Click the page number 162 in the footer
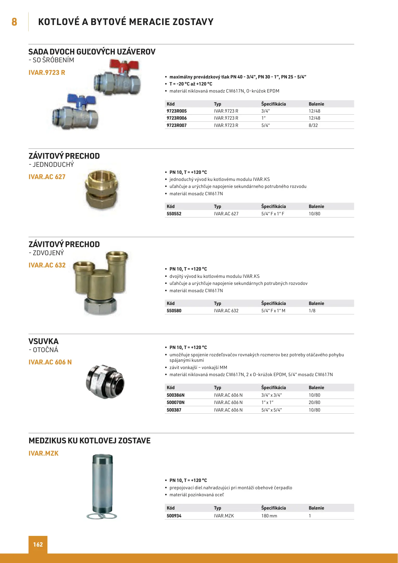click(38, 544)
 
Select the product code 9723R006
click(176, 118)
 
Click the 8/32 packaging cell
click(313, 125)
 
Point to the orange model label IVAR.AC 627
click(47, 177)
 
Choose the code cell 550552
click(174, 214)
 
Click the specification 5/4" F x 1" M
click(273, 311)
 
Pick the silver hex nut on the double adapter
click(100, 307)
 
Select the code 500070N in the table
click(175, 402)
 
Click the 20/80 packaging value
click(314, 402)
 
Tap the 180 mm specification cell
click(269, 516)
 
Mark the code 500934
click(174, 516)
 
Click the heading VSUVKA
click(43, 341)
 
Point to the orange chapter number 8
click(14, 22)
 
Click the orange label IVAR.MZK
click(43, 453)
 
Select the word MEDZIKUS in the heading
click(47, 440)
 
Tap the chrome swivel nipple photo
click(105, 382)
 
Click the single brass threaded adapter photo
click(102, 190)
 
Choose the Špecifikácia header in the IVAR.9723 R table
click(273, 104)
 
